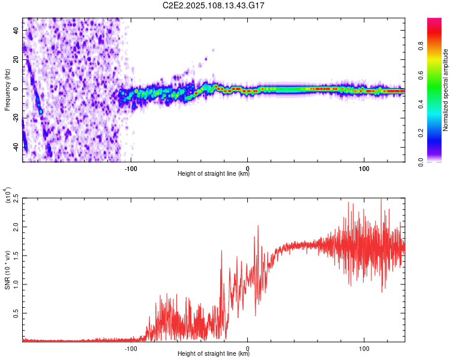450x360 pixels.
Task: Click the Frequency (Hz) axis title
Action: [7, 89]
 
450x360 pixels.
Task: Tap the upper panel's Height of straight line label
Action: [214, 175]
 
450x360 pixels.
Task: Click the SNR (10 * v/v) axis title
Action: [8, 269]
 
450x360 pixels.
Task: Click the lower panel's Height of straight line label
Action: [214, 354]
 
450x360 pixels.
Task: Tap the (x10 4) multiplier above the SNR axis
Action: [8, 196]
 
